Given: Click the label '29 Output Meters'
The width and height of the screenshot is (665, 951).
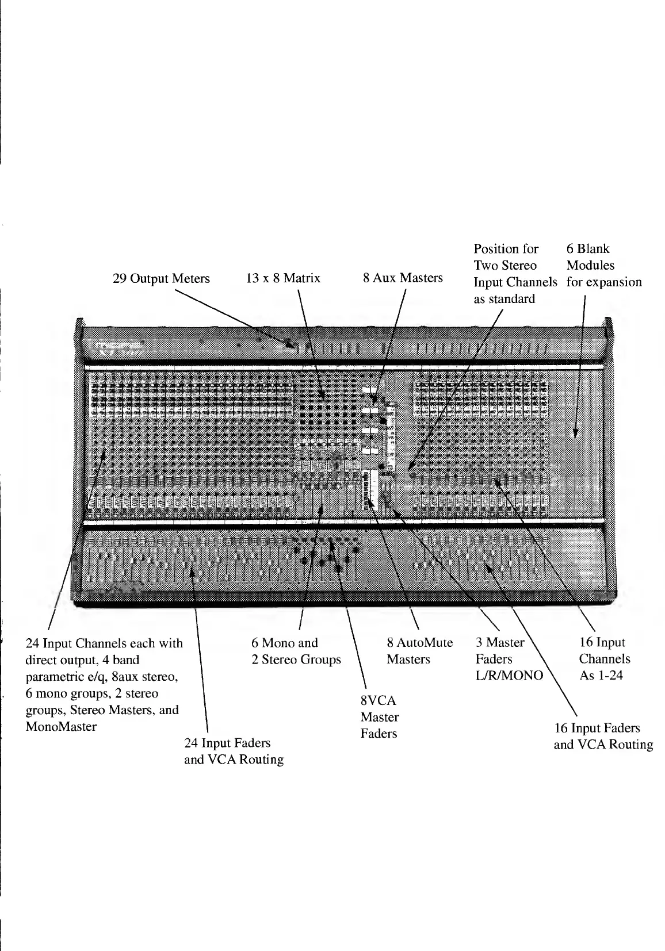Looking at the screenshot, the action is click(x=160, y=279).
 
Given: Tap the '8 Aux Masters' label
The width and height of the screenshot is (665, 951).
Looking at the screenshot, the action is click(x=403, y=278).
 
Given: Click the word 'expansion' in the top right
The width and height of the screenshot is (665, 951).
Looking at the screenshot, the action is click(x=615, y=282).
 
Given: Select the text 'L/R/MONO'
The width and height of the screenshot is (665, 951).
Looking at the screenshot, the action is click(x=509, y=676).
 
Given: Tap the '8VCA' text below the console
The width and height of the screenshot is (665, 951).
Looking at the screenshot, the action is click(x=378, y=701).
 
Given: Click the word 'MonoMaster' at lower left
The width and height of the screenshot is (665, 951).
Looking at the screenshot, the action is click(x=61, y=726).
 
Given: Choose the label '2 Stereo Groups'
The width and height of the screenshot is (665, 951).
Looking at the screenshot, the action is click(x=296, y=659).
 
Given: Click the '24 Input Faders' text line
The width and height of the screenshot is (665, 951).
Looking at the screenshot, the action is click(x=227, y=743).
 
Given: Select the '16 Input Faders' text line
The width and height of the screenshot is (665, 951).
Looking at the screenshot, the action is click(x=597, y=728).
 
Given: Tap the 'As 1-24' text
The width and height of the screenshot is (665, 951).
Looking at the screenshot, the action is click(x=601, y=676).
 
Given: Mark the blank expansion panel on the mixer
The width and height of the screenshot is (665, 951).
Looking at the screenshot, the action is click(x=575, y=437).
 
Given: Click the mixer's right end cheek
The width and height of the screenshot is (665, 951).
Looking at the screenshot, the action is click(x=611, y=460).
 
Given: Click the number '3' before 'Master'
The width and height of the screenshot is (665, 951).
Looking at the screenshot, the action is click(x=479, y=642).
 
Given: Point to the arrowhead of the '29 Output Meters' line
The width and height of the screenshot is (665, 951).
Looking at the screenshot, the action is click(x=294, y=345).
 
